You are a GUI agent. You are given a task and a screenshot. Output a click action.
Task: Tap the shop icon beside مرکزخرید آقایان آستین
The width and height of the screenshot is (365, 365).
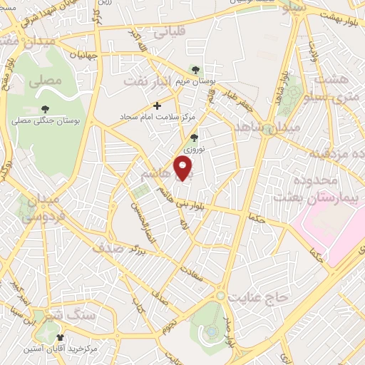[x=59, y=336]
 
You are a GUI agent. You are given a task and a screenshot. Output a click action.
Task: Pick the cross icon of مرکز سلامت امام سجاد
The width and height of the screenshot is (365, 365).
[x=158, y=106]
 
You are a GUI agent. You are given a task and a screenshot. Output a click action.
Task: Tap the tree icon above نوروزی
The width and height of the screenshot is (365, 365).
[x=195, y=138]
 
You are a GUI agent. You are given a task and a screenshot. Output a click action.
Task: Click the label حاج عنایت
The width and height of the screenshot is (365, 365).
[x=257, y=294]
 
